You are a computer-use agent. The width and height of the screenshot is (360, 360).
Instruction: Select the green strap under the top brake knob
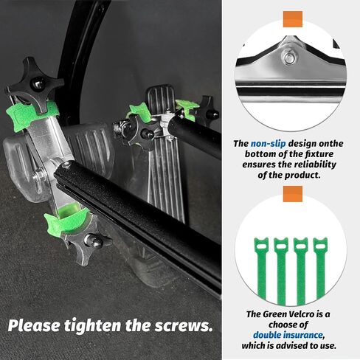click(33, 113)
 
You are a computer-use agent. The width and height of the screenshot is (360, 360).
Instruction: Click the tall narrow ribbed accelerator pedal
click(165, 155)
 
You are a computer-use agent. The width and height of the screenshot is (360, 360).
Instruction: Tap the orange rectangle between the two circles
click(293, 193)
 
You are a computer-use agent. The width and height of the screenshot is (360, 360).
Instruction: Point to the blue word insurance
click(318, 334)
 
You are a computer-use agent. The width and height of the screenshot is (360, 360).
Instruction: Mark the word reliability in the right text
click(316, 166)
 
